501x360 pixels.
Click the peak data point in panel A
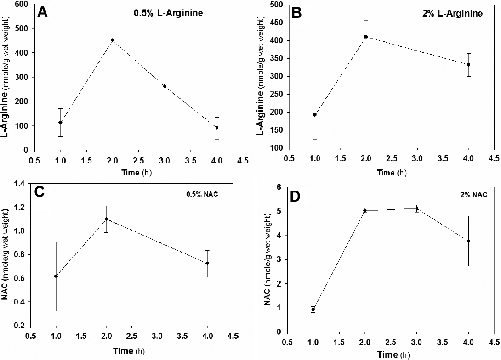click(112, 40)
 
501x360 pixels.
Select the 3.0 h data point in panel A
click(165, 86)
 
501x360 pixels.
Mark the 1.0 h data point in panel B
click(315, 115)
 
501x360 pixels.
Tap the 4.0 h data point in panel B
click(468, 65)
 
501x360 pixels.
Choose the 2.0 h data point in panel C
click(106, 219)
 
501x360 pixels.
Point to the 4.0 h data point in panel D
click(468, 241)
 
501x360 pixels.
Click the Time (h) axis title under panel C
click(131, 351)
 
